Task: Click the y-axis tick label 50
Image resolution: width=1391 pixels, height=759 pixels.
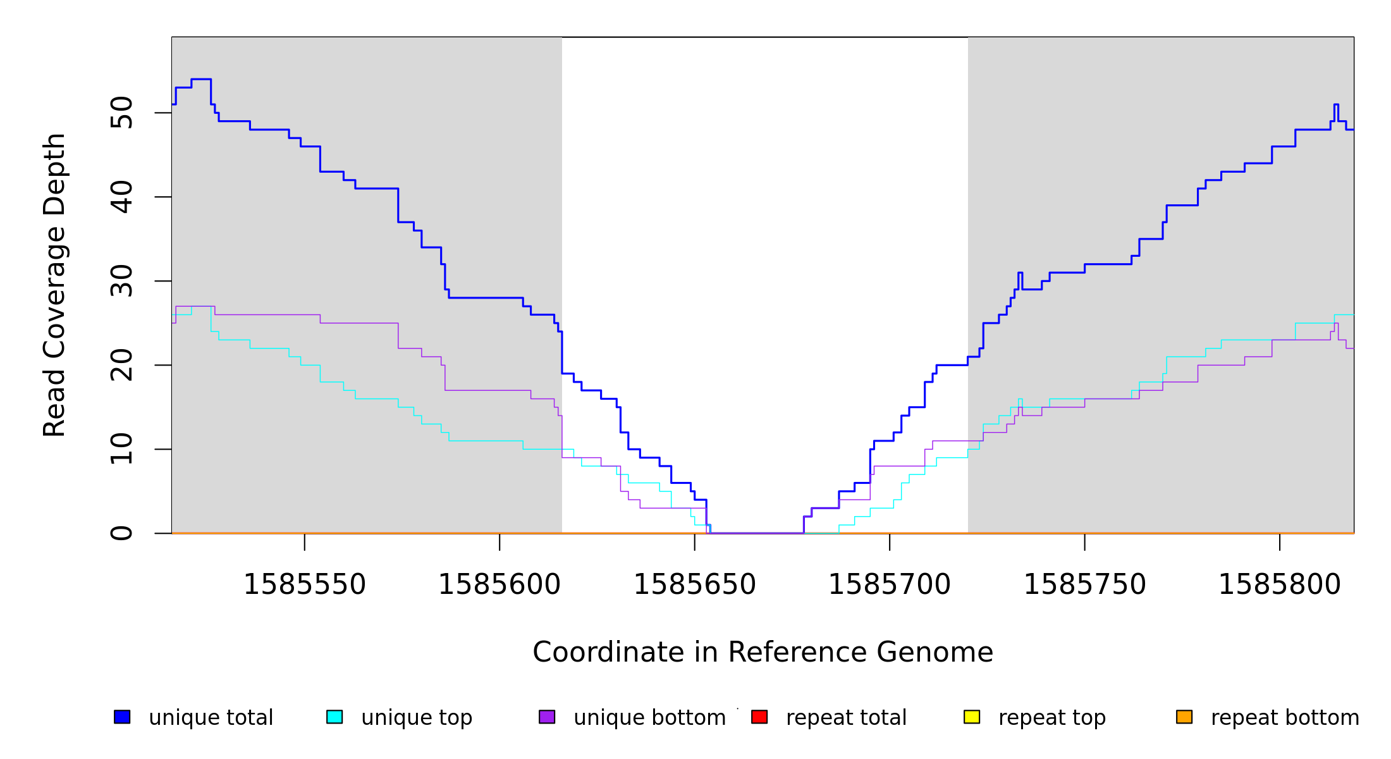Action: (121, 113)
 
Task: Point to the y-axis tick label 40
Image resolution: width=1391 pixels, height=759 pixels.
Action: (121, 197)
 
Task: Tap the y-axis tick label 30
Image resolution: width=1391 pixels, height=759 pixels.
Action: (121, 281)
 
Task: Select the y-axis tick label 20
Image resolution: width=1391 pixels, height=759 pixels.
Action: (121, 366)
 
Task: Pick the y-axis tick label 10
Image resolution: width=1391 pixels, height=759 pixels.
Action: (121, 450)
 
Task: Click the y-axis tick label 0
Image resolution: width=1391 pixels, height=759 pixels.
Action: (121, 533)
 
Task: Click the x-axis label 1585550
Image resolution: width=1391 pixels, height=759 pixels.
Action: (305, 585)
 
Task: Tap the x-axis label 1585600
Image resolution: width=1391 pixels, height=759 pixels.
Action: (499, 585)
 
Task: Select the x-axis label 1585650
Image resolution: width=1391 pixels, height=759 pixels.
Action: (695, 585)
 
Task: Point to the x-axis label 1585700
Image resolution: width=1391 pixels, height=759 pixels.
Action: (890, 585)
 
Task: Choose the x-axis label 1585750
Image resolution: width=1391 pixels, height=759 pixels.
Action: (1085, 585)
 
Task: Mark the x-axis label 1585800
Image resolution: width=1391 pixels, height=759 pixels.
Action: (1280, 585)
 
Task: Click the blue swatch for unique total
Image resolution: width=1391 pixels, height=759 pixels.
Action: (122, 717)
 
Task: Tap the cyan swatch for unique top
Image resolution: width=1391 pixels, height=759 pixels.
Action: (334, 717)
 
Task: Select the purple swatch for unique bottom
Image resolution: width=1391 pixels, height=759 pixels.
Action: (547, 717)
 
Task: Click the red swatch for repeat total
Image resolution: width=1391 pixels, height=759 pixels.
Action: (759, 717)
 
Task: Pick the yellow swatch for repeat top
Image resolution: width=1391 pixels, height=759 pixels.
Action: (972, 717)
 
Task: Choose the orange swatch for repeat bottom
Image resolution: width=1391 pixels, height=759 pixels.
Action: (1184, 717)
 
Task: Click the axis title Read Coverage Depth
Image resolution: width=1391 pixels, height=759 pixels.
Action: (54, 285)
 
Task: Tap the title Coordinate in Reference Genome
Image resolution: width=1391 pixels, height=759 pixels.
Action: (763, 653)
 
